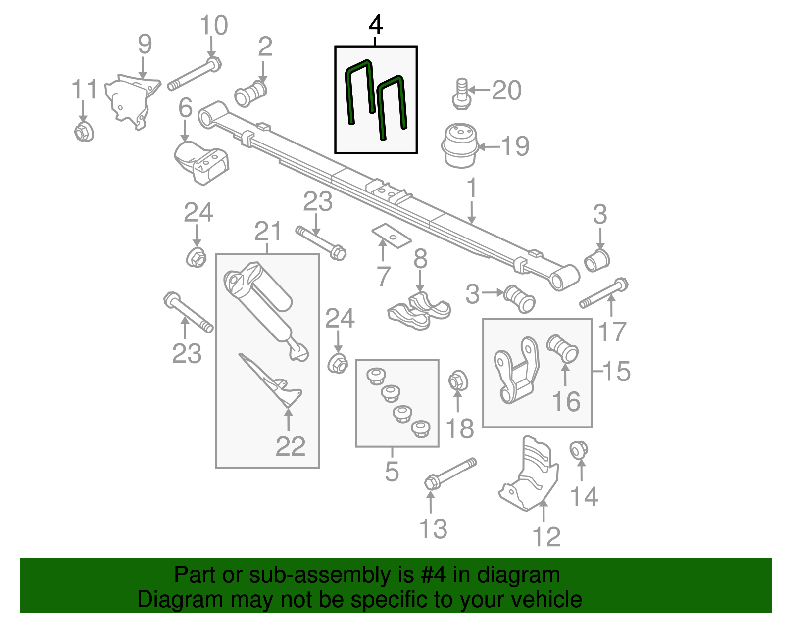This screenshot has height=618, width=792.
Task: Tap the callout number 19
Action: tap(515, 146)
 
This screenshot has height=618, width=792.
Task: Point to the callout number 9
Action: tap(145, 45)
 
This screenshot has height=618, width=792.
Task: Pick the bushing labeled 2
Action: tap(251, 94)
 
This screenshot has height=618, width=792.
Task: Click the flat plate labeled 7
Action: tap(391, 236)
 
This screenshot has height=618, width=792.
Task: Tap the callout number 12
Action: tap(546, 537)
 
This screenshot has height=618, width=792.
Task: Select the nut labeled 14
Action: tap(579, 451)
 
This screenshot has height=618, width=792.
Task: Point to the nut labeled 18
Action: tap(458, 381)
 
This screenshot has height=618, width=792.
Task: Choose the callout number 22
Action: tap(291, 446)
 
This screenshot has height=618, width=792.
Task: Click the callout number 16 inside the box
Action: tap(566, 402)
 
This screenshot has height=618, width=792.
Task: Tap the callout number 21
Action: tap(268, 231)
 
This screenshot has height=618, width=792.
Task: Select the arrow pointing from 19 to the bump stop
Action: tap(489, 147)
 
